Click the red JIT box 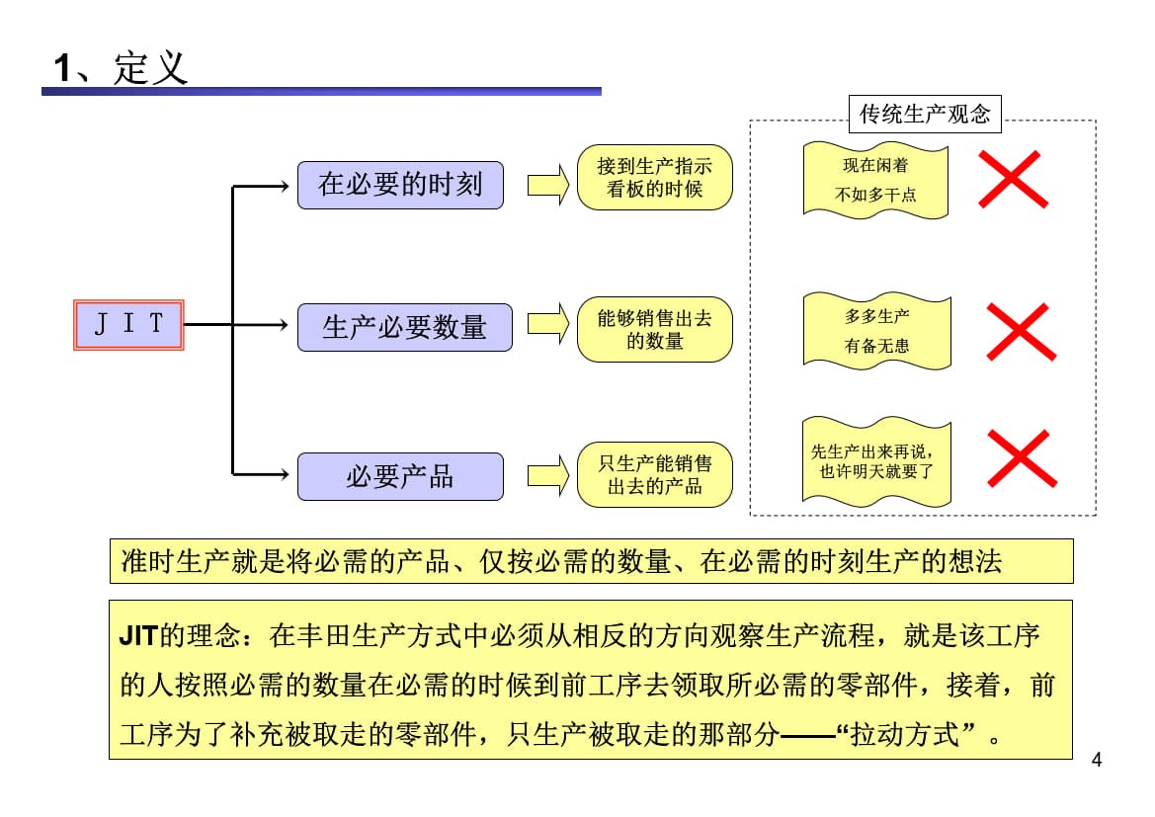[x=128, y=324]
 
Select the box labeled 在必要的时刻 [x=400, y=185]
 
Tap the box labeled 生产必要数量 [x=405, y=327]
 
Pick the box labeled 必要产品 [x=400, y=476]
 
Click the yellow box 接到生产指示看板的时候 [x=654, y=178]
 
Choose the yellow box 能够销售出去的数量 [x=654, y=329]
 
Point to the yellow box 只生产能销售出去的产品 [x=654, y=474]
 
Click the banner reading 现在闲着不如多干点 [x=875, y=180]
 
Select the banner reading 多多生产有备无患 [x=876, y=331]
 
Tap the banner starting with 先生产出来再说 [x=876, y=460]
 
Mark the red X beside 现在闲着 [x=1013, y=180]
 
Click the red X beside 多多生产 [x=1022, y=332]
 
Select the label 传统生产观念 [x=924, y=114]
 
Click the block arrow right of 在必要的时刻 [x=548, y=185]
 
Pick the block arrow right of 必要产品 [x=548, y=475]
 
